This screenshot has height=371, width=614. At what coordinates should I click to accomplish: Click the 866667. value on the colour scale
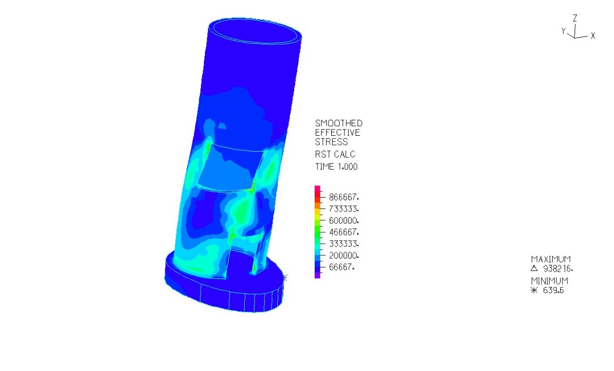click(344, 197)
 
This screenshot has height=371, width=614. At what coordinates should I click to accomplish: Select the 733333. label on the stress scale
click(344, 209)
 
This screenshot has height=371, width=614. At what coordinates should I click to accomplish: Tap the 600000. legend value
click(344, 220)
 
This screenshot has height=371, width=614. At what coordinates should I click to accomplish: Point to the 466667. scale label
click(344, 232)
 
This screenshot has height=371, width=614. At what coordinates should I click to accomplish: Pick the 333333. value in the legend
click(344, 244)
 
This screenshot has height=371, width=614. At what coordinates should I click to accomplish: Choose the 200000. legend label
click(344, 256)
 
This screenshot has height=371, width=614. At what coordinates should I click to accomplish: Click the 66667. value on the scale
click(342, 267)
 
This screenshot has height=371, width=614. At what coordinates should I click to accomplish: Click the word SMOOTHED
click(339, 123)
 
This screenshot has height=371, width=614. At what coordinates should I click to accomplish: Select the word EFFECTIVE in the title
click(337, 132)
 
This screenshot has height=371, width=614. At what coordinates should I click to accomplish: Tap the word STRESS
click(331, 142)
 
